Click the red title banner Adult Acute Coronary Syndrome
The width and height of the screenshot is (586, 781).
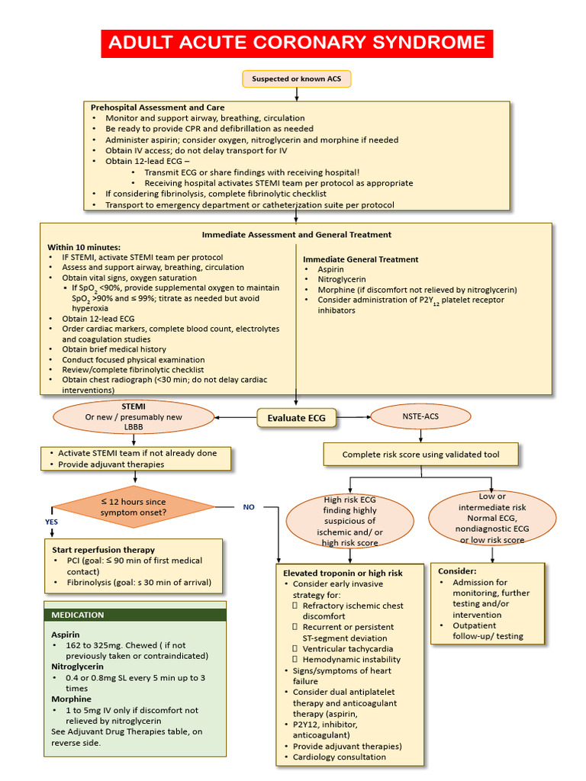297,43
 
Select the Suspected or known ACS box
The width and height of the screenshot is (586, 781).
297,79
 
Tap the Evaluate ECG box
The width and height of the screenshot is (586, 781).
296,417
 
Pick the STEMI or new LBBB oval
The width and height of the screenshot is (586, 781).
134,417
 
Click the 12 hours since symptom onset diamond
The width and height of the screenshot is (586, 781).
134,507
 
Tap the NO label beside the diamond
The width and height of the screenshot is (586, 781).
249,506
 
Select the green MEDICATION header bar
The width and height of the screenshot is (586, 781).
135,615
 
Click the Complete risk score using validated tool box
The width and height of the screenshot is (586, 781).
420,455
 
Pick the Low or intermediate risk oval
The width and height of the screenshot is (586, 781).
491,518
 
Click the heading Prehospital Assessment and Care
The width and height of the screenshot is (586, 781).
157,108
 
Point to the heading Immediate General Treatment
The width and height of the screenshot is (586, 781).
360,259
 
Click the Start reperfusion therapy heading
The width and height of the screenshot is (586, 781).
103,549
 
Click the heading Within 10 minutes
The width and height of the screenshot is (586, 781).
84,247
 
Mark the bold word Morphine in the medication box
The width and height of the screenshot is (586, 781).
71,699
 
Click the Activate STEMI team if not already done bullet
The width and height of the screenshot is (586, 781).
137,453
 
